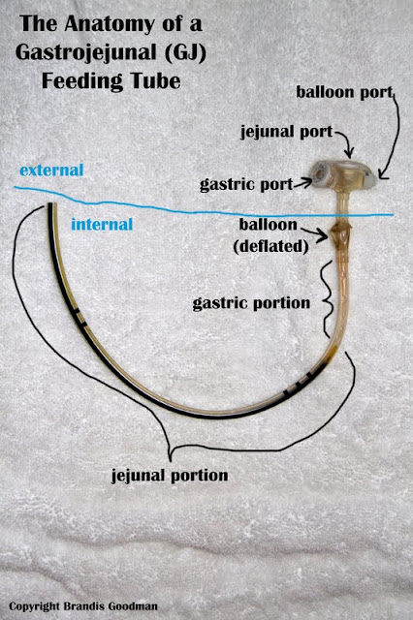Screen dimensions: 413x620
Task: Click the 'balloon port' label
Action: click(345, 93)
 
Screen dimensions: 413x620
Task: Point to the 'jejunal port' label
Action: click(287, 133)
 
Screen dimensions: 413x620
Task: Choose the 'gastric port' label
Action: click(246, 184)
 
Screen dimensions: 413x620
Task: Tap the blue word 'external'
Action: click(51, 170)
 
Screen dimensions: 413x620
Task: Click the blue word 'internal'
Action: click(102, 225)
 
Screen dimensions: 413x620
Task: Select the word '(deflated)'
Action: click(271, 247)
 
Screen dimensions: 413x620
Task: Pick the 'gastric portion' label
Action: click(251, 303)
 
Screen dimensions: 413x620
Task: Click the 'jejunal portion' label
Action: click(170, 476)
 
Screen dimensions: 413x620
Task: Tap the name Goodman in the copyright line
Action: click(135, 606)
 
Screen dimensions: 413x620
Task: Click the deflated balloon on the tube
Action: click(340, 236)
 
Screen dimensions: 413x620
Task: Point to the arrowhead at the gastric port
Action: click(307, 182)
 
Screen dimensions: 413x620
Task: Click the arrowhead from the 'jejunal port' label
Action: click(349, 152)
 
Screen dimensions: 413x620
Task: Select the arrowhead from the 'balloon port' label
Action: click(383, 174)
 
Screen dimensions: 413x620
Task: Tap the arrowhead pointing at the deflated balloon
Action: click(324, 235)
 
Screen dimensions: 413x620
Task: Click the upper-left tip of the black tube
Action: click(50, 204)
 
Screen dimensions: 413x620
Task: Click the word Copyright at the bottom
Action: click(35, 606)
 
